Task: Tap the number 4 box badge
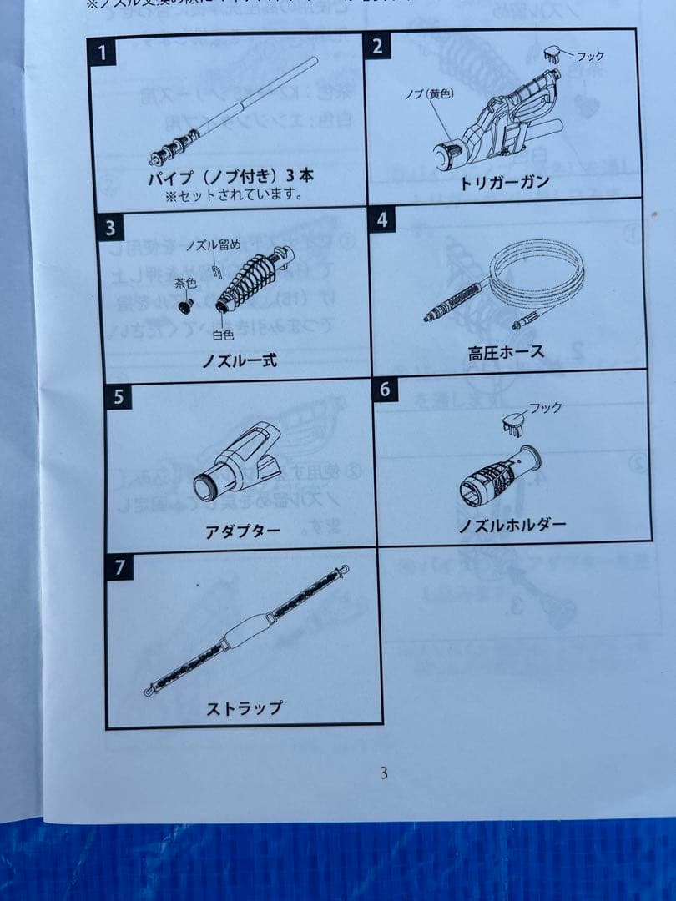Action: pyautogui.click(x=382, y=219)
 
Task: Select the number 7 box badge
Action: pyautogui.click(x=120, y=567)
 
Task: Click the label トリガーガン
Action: pyautogui.click(x=505, y=183)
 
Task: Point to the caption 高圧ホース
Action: pyautogui.click(x=506, y=352)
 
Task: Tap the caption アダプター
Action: pyautogui.click(x=243, y=531)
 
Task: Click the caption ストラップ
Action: pyautogui.click(x=245, y=708)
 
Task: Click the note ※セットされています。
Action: pyautogui.click(x=234, y=197)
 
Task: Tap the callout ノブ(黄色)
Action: pyautogui.click(x=429, y=94)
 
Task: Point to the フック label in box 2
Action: pyautogui.click(x=590, y=56)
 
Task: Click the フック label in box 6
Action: pyautogui.click(x=546, y=408)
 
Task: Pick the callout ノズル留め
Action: pyautogui.click(x=213, y=244)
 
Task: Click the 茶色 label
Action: pyautogui.click(x=185, y=284)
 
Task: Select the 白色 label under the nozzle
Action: pyautogui.click(x=223, y=335)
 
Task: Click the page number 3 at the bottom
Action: pyautogui.click(x=383, y=773)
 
